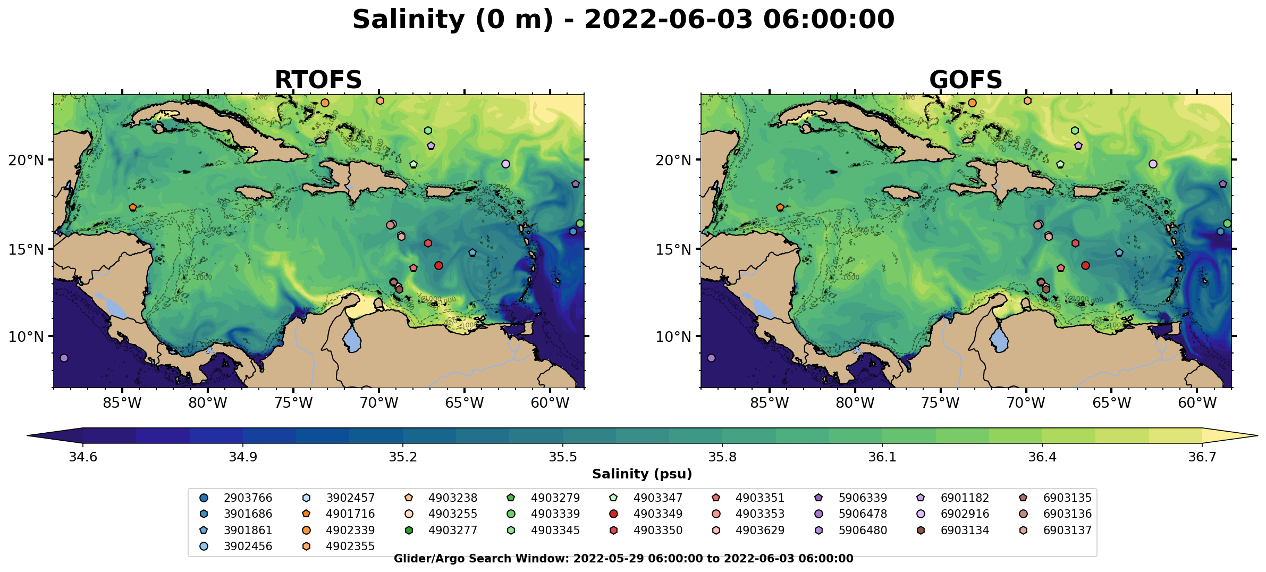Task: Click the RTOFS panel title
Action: click(318, 80)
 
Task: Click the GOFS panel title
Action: click(965, 80)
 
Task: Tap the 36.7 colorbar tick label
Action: click(1202, 457)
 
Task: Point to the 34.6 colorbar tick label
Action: click(83, 457)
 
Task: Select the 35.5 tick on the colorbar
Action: click(563, 457)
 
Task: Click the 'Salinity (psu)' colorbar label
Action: click(642, 474)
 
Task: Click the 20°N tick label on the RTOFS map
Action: click(26, 160)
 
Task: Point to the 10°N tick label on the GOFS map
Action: click(673, 337)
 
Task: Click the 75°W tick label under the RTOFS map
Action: click(293, 403)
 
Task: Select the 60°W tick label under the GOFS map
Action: click(1197, 403)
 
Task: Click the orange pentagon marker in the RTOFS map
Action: click(133, 207)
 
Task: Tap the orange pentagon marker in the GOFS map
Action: click(780, 207)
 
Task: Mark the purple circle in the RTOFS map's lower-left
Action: click(64, 358)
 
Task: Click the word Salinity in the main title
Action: click(408, 20)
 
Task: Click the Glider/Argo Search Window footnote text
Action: click(623, 559)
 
